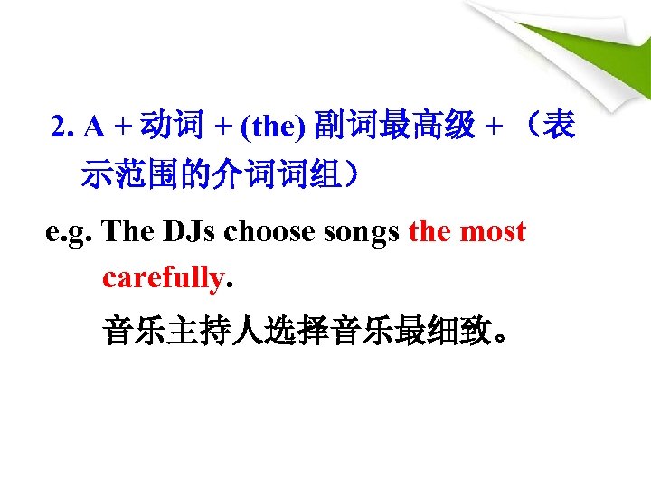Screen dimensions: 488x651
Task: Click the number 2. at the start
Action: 64,128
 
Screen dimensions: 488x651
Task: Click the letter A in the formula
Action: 92,128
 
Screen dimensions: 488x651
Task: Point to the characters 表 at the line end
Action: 561,128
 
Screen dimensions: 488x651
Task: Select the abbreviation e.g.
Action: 71,232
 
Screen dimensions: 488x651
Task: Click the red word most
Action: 493,232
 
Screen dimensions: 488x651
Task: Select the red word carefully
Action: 163,277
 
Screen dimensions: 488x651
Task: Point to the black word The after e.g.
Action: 129,232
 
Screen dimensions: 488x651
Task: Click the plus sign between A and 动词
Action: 119,128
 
